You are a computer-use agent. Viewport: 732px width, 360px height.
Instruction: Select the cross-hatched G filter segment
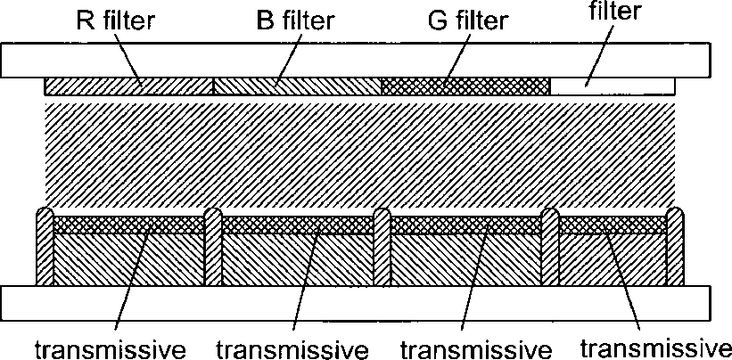[499, 86]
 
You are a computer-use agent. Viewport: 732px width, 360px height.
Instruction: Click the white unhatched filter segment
[615, 86]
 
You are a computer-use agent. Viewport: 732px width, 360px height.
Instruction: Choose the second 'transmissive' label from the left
[292, 346]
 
